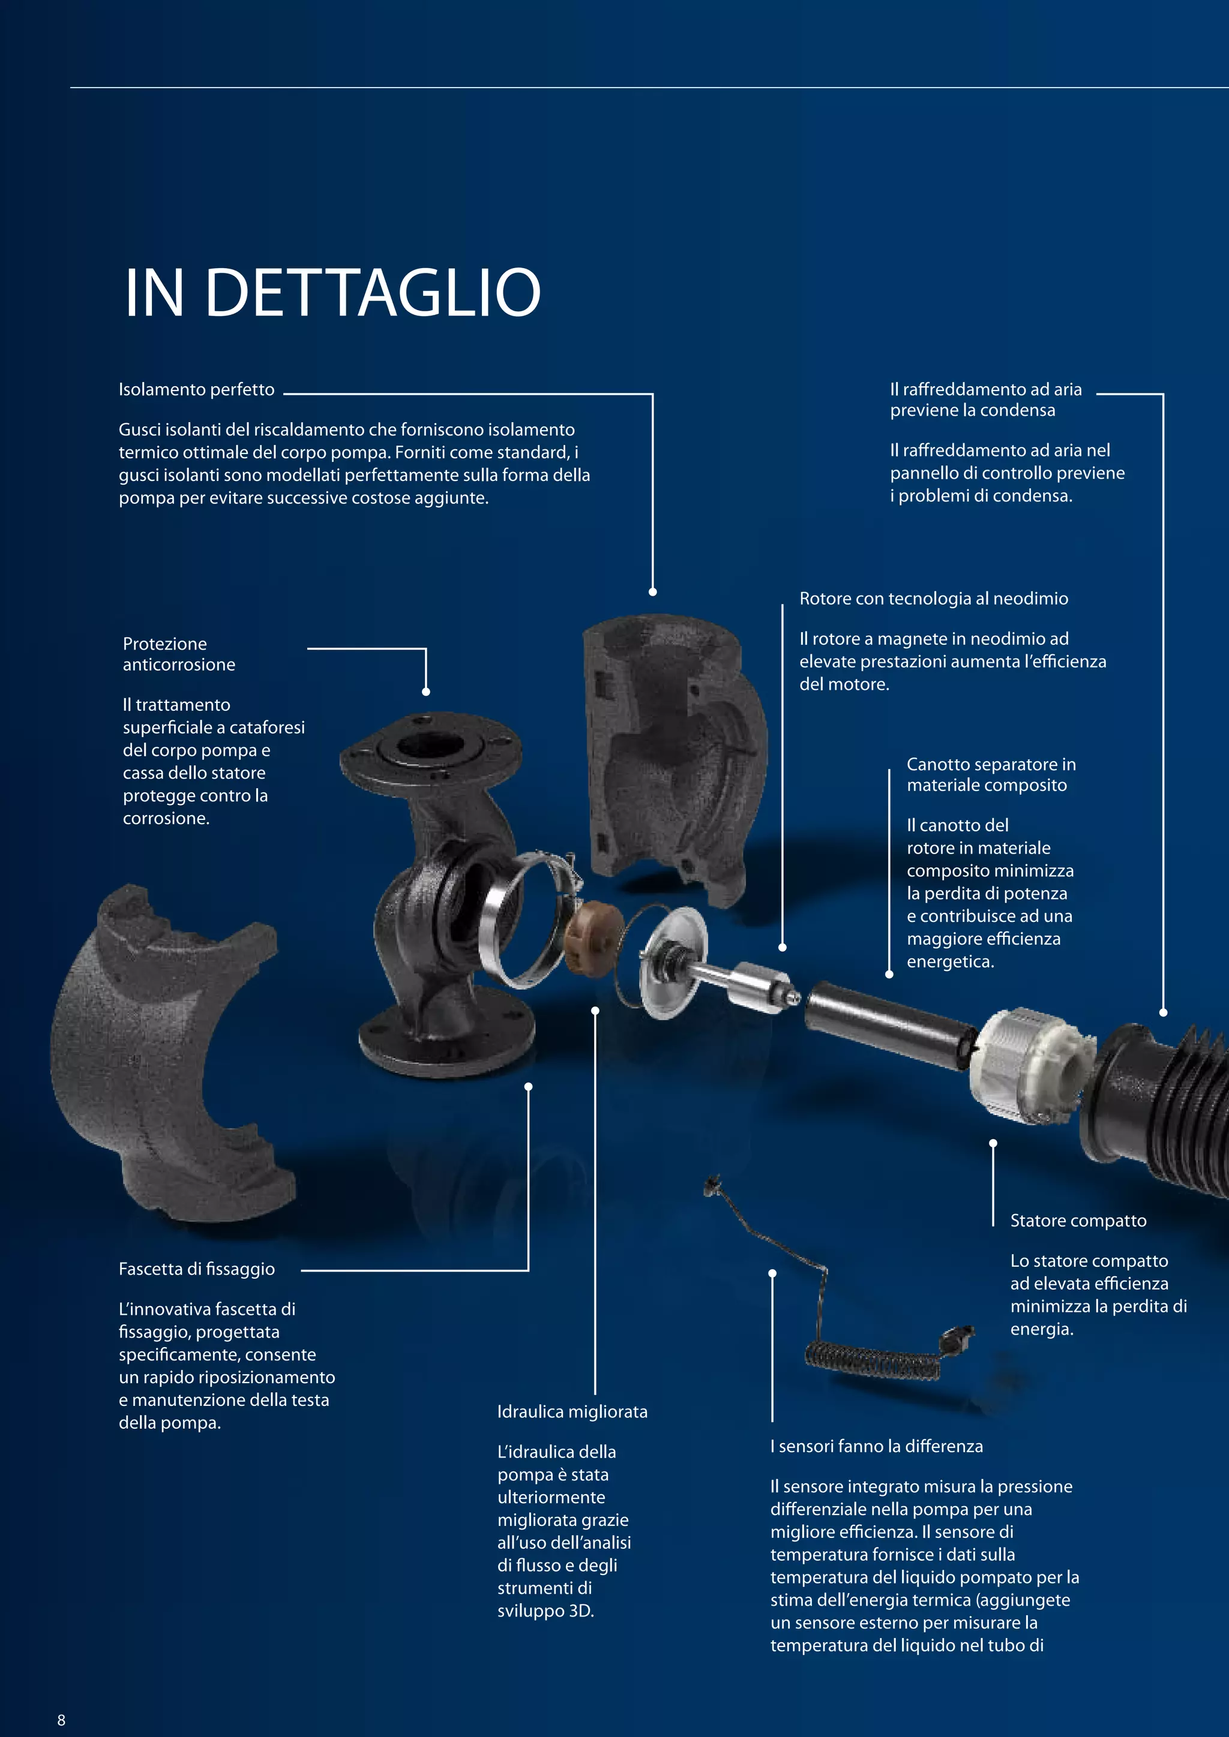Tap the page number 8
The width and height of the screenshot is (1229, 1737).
coord(61,1720)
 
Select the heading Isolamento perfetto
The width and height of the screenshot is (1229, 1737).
coord(196,390)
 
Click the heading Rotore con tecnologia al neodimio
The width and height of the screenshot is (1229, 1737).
coord(933,599)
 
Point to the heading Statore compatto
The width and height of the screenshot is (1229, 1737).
coord(1078,1221)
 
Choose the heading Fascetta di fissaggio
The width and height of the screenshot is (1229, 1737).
coord(196,1269)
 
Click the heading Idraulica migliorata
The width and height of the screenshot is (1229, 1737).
coord(572,1412)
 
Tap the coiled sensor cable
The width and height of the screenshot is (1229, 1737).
coord(870,1360)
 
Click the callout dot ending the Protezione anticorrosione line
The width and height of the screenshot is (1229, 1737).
coord(426,692)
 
